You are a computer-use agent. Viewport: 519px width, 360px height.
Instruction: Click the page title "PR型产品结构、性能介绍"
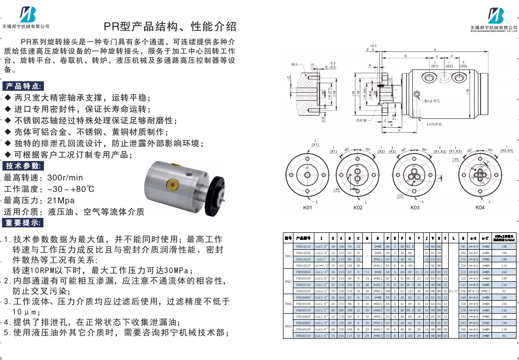point(170,26)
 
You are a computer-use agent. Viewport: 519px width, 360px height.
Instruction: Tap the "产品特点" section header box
point(24,86)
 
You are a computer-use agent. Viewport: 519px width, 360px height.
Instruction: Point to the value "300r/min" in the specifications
point(65,178)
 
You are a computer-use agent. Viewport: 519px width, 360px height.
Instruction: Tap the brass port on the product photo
point(171,185)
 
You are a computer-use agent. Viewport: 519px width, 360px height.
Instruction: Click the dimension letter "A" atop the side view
point(434,49)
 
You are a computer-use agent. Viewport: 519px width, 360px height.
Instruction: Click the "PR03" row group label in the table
point(288,303)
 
